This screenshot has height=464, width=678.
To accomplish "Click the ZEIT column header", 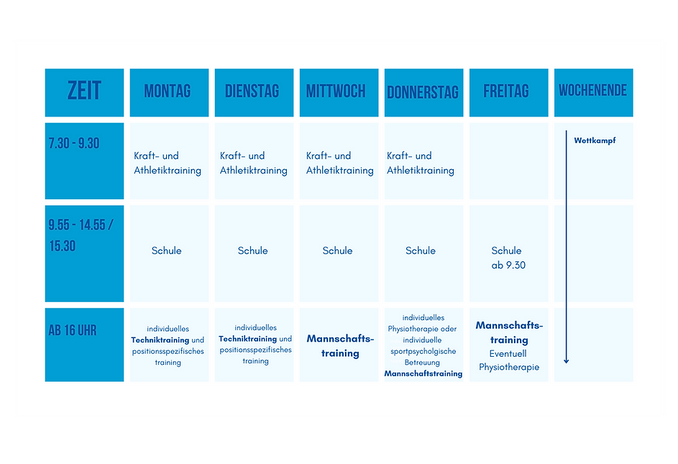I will [84, 92].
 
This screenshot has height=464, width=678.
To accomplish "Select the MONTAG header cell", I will [168, 92].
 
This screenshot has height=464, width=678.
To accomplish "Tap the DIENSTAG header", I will [253, 92].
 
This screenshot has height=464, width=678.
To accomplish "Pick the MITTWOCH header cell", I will [337, 92].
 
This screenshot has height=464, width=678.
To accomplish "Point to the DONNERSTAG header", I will [423, 93].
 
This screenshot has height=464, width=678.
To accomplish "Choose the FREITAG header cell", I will [507, 92].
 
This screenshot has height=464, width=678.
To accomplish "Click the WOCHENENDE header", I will [592, 91].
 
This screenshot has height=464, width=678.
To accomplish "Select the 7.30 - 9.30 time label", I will [74, 143].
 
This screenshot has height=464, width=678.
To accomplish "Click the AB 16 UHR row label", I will [73, 331].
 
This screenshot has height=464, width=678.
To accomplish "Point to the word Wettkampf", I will [595, 141].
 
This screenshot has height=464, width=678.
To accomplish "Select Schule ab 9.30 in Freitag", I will [508, 258].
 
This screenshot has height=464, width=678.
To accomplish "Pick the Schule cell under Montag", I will [167, 251].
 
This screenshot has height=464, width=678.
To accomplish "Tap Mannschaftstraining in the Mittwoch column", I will [340, 346].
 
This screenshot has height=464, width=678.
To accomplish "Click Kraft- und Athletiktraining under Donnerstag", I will [421, 163].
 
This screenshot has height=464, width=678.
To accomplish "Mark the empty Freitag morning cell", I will [508, 160].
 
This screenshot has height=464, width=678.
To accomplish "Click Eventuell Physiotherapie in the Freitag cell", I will [509, 360].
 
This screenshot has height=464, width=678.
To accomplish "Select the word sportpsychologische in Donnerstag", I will [423, 352].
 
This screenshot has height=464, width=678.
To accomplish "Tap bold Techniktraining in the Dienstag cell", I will [248, 339].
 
